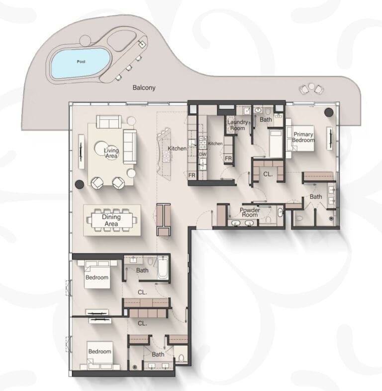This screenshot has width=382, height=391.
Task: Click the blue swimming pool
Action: pos(81,63)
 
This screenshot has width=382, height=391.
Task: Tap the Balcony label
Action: pos(144,88)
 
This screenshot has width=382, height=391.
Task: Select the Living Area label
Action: pos(111,153)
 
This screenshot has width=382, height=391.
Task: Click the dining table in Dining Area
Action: pos(112,220)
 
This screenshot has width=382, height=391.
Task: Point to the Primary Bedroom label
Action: pos(303,137)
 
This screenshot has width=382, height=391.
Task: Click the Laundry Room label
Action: pos(238,125)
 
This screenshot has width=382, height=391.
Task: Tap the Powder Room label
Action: pos(250,212)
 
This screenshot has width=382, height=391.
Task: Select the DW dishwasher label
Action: pos(203,154)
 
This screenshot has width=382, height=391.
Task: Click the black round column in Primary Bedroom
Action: pos(329,112)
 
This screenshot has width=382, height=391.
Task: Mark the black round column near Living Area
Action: pos(80,184)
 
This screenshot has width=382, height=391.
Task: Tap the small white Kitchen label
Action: pos(215,143)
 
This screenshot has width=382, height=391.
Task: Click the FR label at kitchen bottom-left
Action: pos(192,175)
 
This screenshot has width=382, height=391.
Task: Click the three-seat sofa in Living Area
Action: pos(130,146)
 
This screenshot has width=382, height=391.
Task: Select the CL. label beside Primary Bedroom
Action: pos(268,174)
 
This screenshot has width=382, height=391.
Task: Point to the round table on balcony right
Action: pos(311,86)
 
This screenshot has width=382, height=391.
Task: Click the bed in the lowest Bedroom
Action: pos(100,355)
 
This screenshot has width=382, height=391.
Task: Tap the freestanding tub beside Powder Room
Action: pos(281,213)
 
